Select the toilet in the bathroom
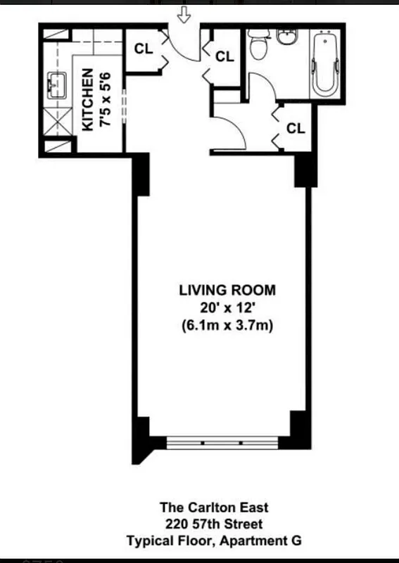tap(258, 46)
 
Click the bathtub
tap(325, 64)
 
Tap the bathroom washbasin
tap(286, 37)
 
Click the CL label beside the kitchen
tap(143, 49)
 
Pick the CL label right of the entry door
tap(224, 56)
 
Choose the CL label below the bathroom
tap(296, 128)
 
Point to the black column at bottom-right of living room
tap(300, 426)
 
